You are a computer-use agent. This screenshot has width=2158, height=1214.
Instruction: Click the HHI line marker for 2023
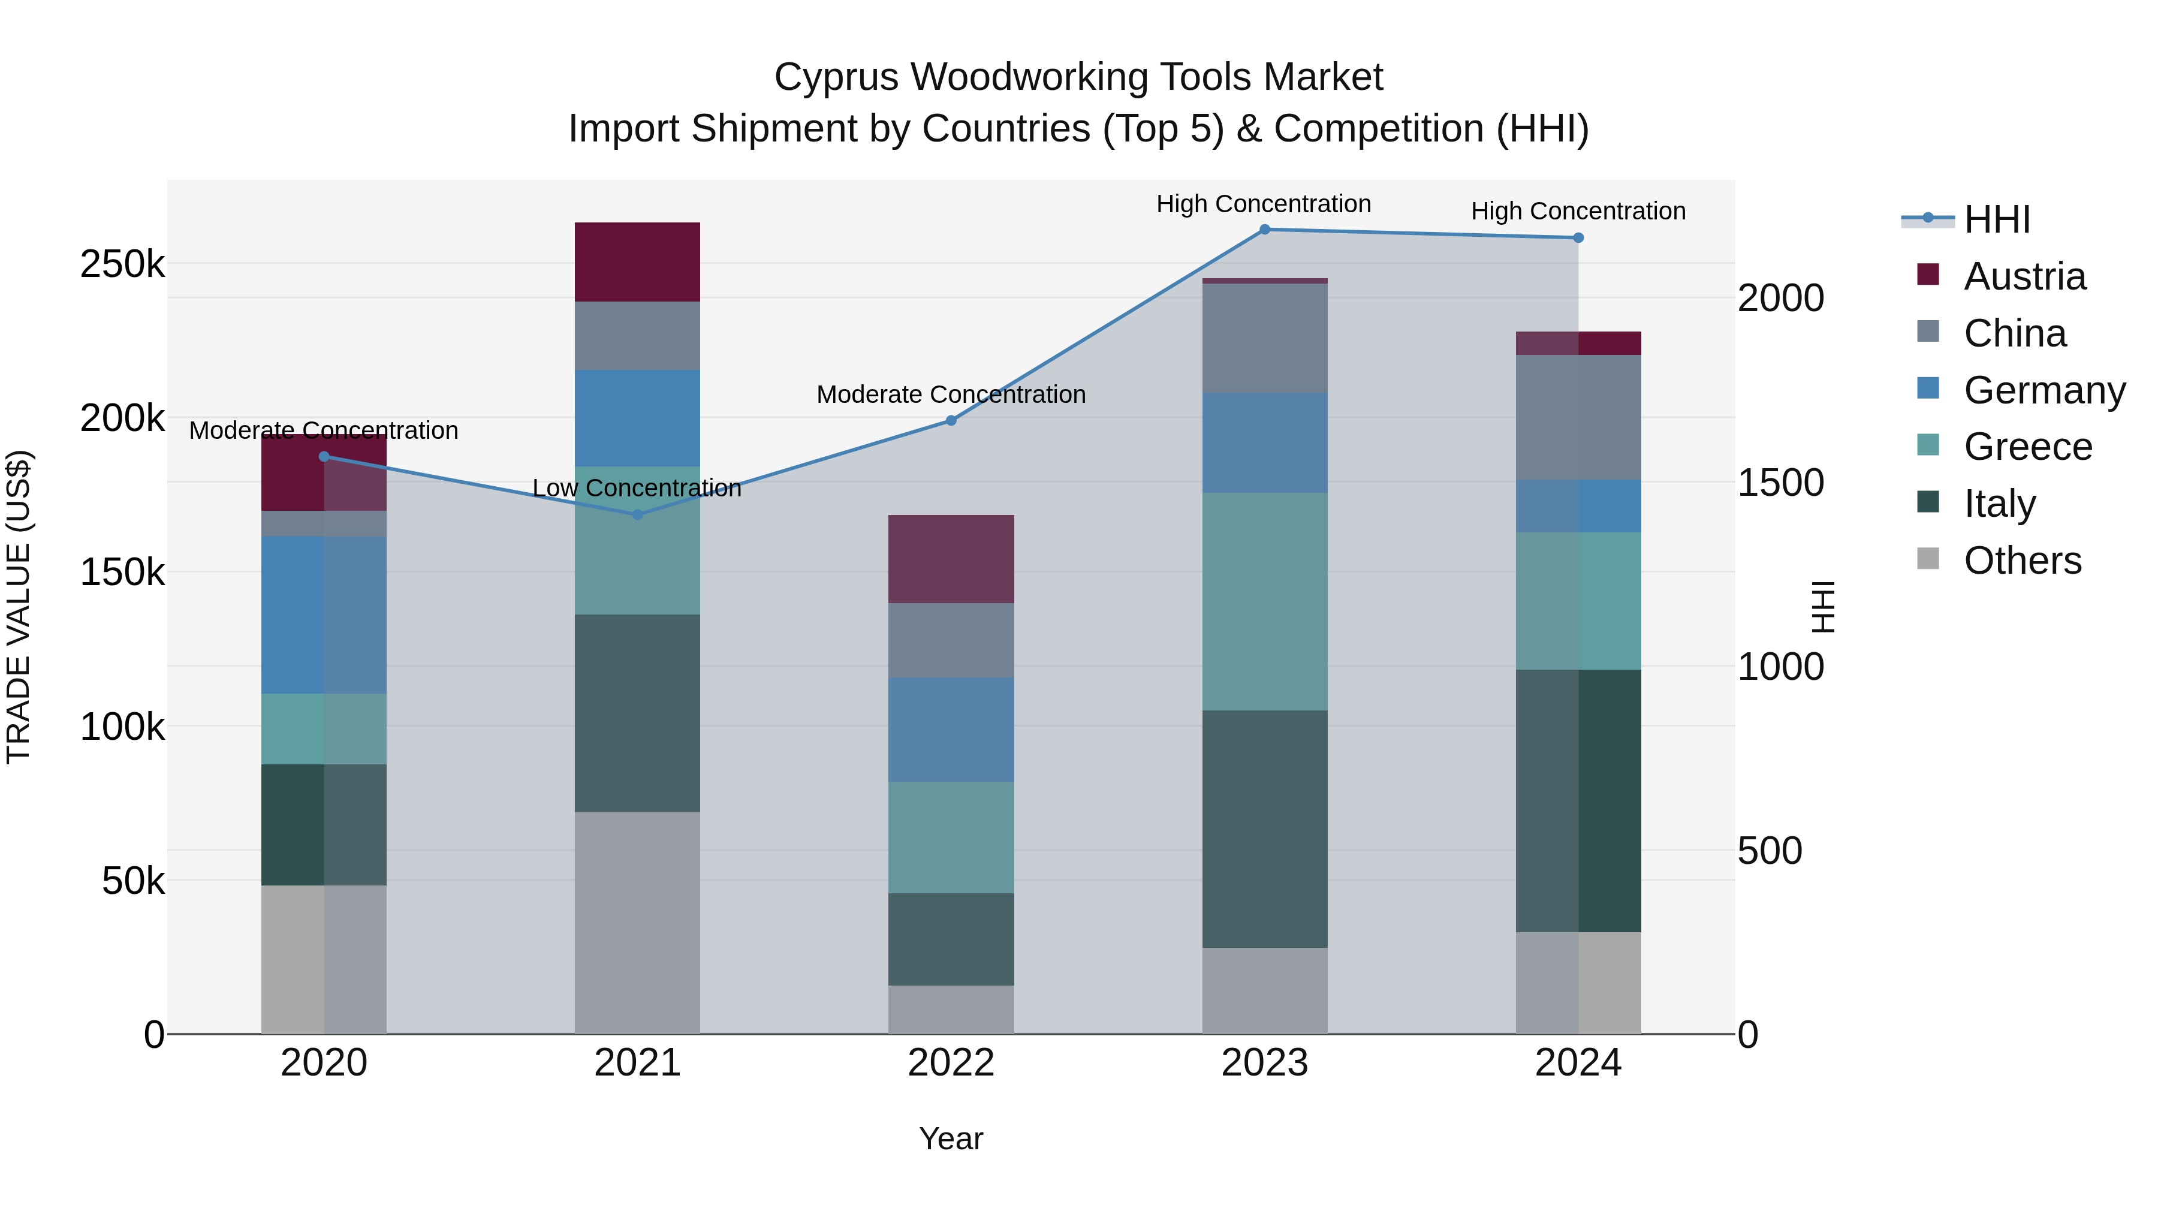[1264, 230]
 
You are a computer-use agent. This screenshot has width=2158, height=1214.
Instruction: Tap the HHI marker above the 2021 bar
[638, 514]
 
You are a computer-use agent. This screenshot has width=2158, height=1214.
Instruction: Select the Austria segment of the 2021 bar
[638, 261]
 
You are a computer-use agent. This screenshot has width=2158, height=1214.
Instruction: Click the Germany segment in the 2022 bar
[951, 730]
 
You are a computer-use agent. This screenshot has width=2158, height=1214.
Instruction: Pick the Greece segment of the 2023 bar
[1264, 601]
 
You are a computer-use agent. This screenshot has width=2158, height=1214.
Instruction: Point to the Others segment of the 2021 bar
[638, 923]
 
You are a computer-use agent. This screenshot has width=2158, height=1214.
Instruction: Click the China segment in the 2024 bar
[1578, 417]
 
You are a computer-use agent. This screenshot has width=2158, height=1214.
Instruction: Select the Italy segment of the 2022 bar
[951, 939]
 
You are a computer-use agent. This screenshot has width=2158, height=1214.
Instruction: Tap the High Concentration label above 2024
[1578, 211]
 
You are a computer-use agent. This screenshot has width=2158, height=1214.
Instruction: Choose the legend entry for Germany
[2044, 390]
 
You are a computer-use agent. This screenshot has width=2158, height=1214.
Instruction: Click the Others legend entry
[2023, 561]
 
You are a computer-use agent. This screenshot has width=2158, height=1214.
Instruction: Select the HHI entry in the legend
[1997, 219]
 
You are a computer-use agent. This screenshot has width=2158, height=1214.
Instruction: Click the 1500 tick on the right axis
[1780, 483]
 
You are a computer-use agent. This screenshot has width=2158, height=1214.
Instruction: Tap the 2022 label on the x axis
[951, 1063]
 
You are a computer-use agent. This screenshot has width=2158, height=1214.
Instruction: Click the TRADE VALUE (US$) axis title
[19, 607]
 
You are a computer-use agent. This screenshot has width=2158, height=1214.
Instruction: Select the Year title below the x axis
[951, 1138]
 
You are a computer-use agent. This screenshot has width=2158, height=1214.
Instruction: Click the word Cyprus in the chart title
[838, 77]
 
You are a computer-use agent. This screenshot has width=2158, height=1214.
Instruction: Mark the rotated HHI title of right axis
[1823, 607]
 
